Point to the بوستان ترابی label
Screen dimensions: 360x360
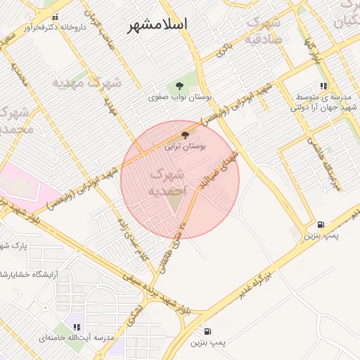[185, 148]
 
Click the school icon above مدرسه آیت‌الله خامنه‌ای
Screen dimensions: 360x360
[77, 326]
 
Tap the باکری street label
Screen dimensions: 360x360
[224, 49]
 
